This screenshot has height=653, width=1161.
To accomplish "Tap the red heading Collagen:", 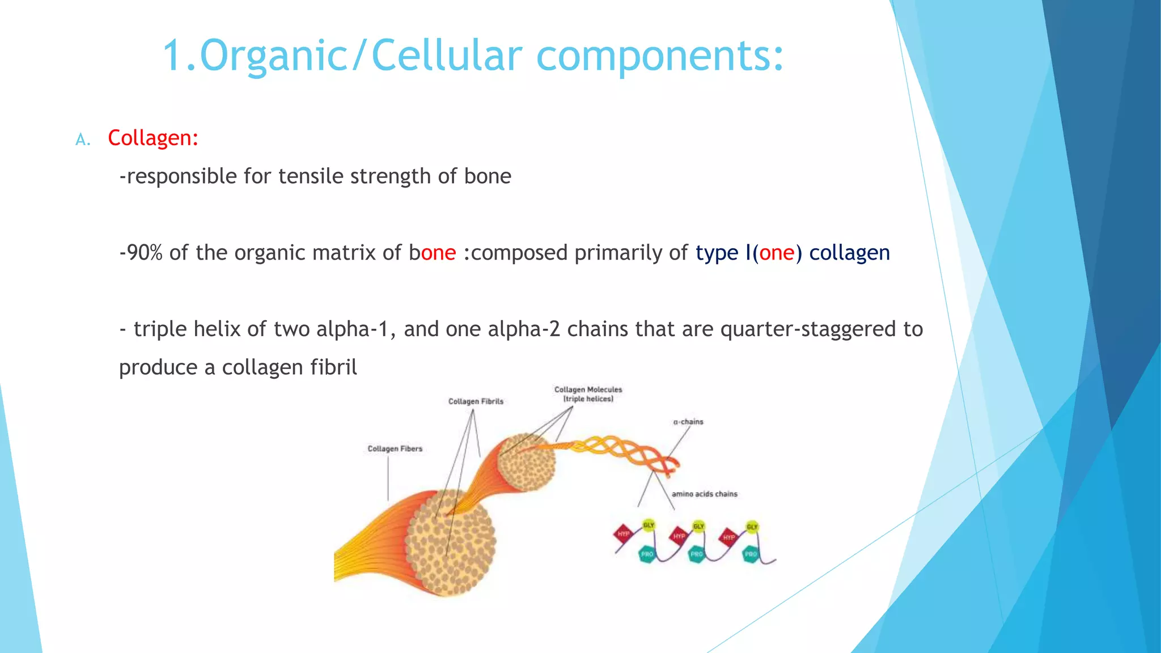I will pyautogui.click(x=153, y=138).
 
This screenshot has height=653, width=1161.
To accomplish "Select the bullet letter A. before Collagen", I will pyautogui.click(x=83, y=140).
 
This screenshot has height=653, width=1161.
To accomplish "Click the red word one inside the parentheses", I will pyautogui.click(x=777, y=253).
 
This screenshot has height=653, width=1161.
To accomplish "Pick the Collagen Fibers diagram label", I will pyautogui.click(x=395, y=449).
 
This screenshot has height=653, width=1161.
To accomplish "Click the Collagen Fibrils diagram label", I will pyautogui.click(x=476, y=401).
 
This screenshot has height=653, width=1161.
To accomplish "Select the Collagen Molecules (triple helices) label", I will pyautogui.click(x=588, y=394).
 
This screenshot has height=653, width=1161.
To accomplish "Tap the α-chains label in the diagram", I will pyautogui.click(x=688, y=422).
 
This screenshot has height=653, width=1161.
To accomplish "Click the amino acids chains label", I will pyautogui.click(x=705, y=494).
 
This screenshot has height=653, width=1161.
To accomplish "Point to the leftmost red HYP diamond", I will pyautogui.click(x=624, y=534).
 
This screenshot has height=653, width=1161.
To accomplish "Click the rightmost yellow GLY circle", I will pyautogui.click(x=752, y=527).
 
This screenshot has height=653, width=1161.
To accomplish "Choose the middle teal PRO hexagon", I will pyautogui.click(x=697, y=554).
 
